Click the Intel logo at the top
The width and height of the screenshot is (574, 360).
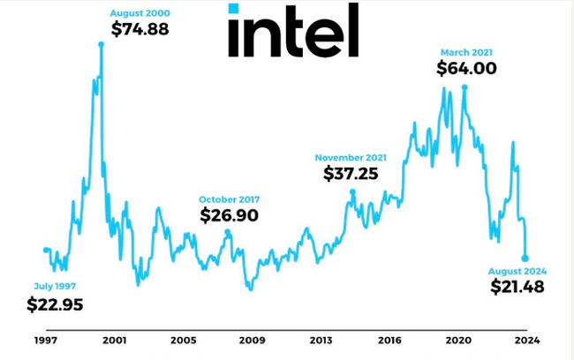pos(292,31)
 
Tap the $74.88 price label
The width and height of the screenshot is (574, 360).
pos(140,28)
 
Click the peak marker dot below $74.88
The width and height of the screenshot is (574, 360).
pos(102,44)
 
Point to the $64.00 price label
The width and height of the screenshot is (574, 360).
pos(466,69)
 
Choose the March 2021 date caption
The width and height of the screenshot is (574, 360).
pos(467,50)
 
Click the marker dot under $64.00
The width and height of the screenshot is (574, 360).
pos(464,86)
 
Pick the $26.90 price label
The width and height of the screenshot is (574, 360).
pos(229,214)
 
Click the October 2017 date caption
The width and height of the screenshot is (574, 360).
pos(229,199)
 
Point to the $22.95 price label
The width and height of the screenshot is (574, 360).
pos(56,305)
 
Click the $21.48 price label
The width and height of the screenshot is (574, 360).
pos(517,287)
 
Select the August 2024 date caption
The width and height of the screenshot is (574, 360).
pos(519,269)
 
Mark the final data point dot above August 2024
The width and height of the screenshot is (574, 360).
pos(525,259)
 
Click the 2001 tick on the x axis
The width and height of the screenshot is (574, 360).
pos(113,340)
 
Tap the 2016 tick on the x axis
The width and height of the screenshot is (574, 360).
pos(389,340)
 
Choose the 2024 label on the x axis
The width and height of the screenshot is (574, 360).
pos(528,340)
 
